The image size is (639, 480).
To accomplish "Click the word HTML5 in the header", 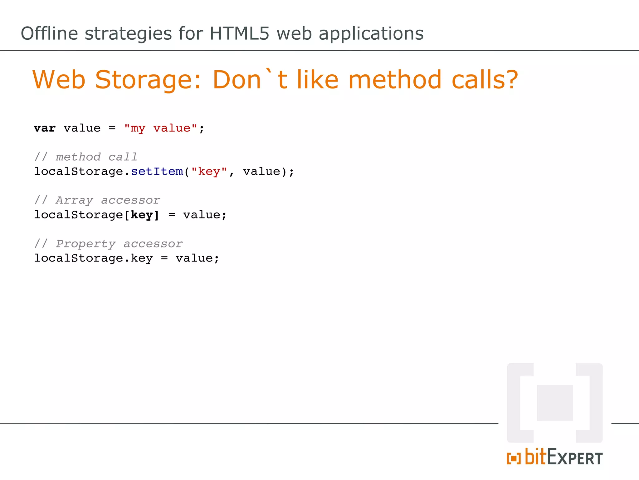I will pos(239,33).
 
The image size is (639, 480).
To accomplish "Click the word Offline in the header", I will pos(49,33).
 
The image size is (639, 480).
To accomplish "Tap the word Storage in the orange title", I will pos(144,80).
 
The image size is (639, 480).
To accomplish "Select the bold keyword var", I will pos(45,128).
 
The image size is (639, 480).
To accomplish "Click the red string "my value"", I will pos(160,128).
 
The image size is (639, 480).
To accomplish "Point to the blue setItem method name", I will pos(157,172).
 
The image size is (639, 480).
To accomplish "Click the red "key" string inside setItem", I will pos(209,172).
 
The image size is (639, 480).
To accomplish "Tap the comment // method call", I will pos(86,157).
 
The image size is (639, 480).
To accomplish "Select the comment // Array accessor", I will pos(97,200).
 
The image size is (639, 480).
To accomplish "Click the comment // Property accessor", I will pos(109,244).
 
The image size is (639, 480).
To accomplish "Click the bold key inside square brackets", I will pos(142,215).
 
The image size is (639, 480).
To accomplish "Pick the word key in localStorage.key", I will pos(142,258).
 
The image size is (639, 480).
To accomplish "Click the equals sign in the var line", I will pos(112,128).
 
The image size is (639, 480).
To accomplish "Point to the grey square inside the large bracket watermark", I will pos(555,403).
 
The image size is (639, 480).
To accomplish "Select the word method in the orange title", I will pos(395,80).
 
